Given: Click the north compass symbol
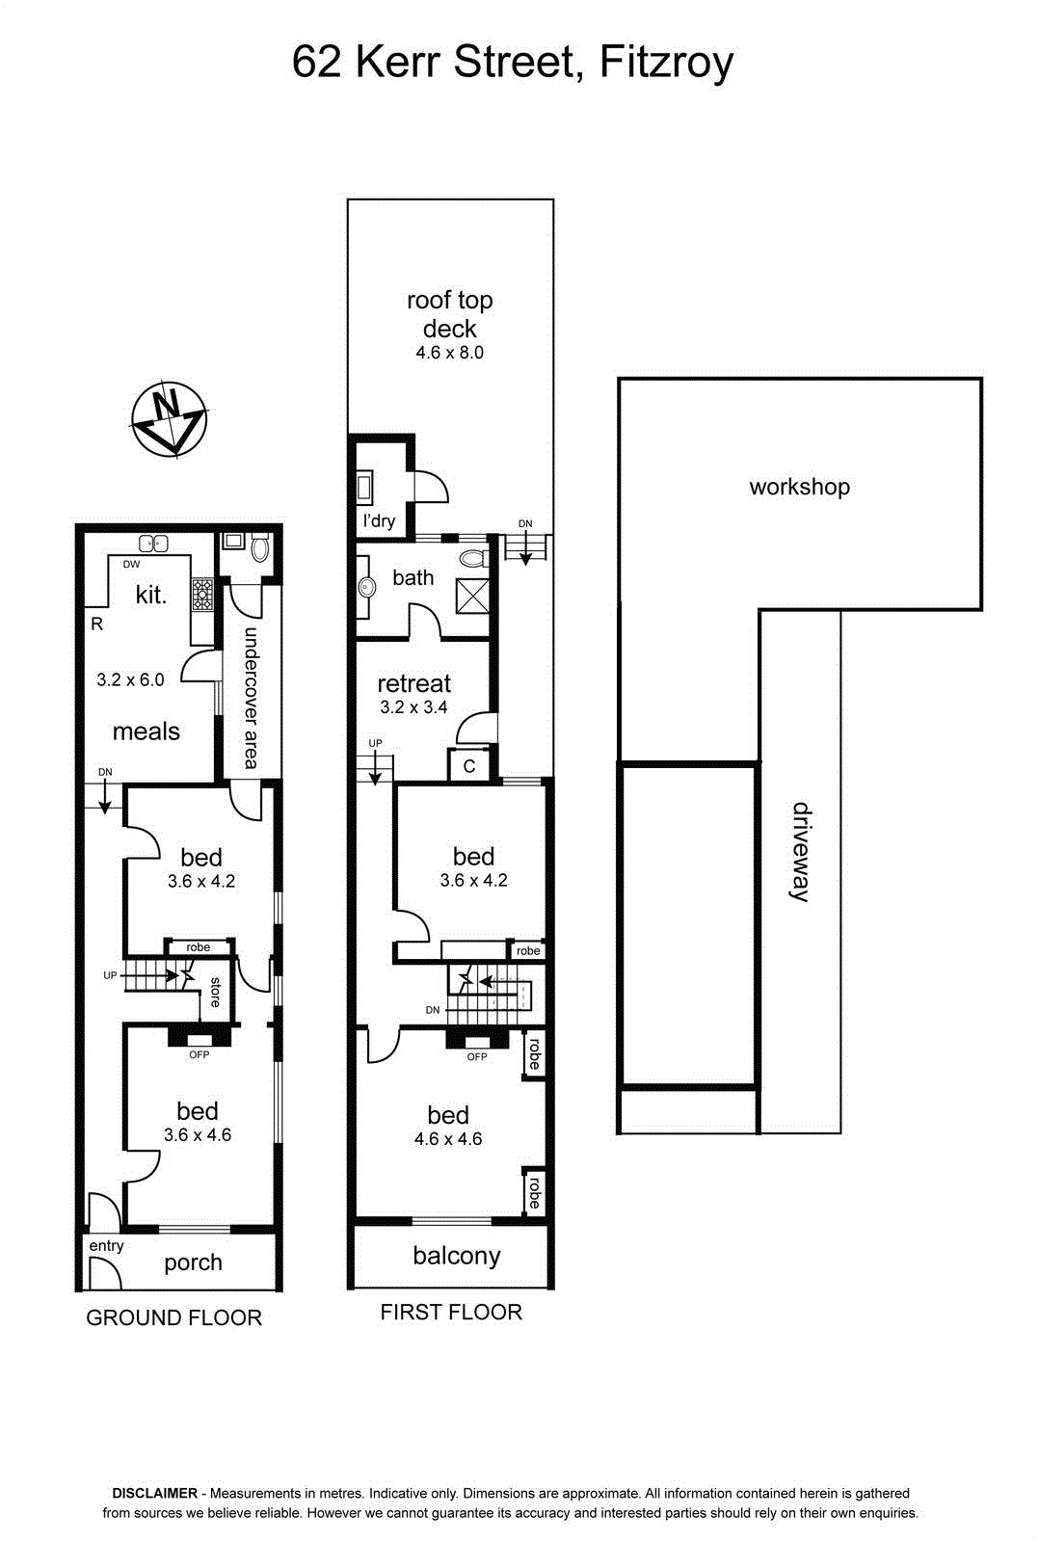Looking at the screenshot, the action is pos(170,418).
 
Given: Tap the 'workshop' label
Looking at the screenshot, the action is pos(799,487).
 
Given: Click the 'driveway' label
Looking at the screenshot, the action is pos(801,852).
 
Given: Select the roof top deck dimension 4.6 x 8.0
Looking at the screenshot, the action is pos(449,353).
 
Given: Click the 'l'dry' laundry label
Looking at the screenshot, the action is pos(380,520).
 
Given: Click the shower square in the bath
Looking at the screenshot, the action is pos(473,596).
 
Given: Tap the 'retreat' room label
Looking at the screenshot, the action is pos(413,683).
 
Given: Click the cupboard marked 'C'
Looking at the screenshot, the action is pos(468,765).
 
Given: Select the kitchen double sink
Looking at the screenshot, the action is pos(153,544).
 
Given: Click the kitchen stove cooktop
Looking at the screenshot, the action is pos(202,595).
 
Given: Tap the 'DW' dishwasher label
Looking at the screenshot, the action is pos(131,565).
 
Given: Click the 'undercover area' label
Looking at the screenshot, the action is pos(252,698).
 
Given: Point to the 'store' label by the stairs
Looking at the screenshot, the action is pos(215,992).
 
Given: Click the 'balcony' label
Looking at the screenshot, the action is pos(457,1257).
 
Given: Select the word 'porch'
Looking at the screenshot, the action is pos(193,1263).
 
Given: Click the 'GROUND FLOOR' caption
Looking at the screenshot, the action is pos(174,1317).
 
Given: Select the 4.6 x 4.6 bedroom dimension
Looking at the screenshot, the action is pos(448,1139).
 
